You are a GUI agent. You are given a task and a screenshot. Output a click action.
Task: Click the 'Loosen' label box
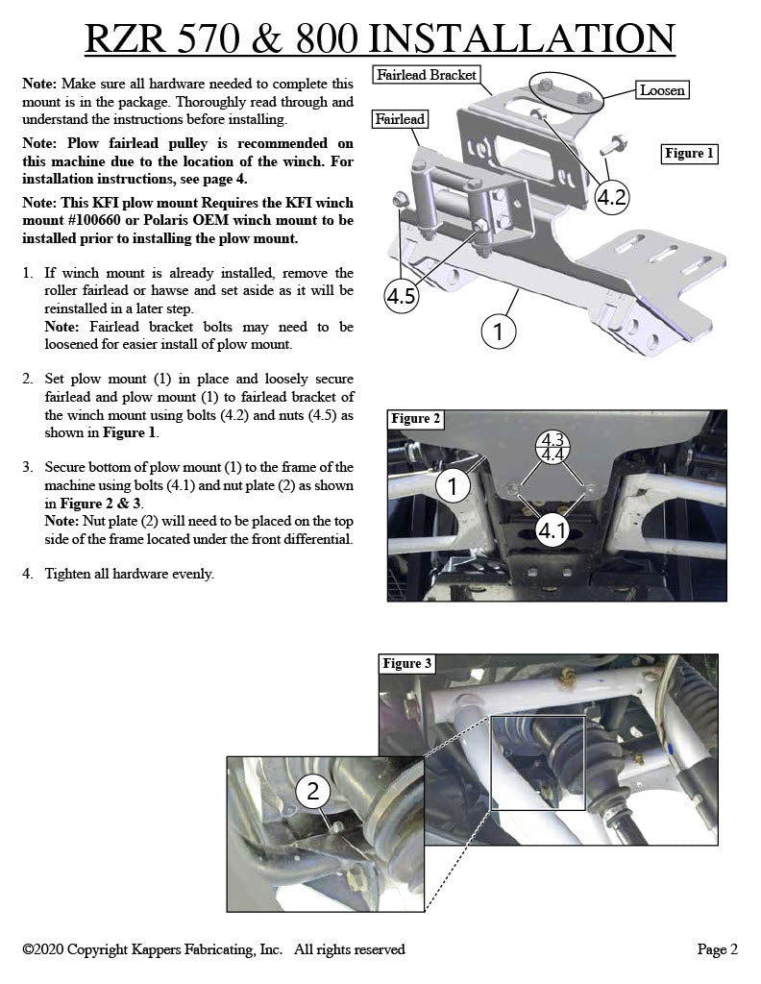click(x=662, y=90)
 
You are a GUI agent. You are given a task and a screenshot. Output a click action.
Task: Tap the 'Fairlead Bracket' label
click(x=427, y=75)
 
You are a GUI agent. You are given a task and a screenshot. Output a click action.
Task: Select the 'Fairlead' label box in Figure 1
click(x=401, y=119)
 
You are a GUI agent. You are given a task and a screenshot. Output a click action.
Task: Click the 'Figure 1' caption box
click(x=690, y=153)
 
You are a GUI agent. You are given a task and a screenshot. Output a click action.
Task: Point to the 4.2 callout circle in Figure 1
click(x=612, y=198)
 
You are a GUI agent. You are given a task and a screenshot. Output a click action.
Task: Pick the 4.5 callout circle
click(x=402, y=296)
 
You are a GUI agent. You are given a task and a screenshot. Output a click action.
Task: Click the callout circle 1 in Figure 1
click(x=498, y=332)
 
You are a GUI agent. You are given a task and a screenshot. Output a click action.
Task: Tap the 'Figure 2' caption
click(x=416, y=418)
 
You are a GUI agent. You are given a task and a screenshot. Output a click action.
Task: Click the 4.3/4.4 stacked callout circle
click(x=552, y=447)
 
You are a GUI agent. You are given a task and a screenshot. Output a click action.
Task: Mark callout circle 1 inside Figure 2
click(x=453, y=486)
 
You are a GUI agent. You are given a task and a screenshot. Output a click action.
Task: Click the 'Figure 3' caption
click(x=407, y=663)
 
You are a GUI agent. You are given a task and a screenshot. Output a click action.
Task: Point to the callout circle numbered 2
click(x=313, y=792)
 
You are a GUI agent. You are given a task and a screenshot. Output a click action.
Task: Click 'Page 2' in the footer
click(x=717, y=949)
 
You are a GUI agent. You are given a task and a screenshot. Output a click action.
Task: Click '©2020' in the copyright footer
click(x=42, y=949)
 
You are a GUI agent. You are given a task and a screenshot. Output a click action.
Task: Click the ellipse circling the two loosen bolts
click(x=571, y=94)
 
